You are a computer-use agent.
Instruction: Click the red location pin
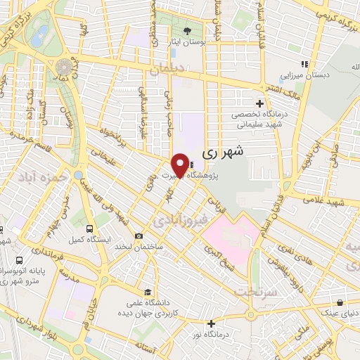[x=180, y=166]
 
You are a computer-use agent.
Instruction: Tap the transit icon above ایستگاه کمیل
[x=89, y=229]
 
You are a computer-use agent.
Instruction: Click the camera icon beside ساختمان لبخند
[x=139, y=236]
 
